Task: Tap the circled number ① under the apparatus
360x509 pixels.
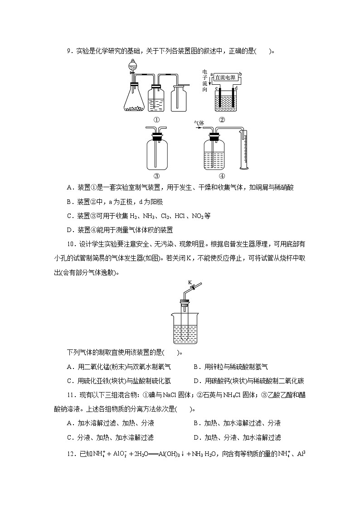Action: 156,120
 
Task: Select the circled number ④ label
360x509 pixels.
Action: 222,176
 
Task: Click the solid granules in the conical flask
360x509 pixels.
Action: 134,108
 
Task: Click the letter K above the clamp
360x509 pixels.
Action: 190,282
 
